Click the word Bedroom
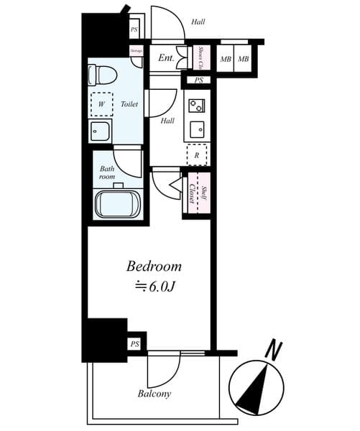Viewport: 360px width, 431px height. [154, 266]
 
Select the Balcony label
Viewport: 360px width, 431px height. [154, 394]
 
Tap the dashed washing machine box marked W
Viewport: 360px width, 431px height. [102, 103]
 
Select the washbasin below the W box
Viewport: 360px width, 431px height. [101, 131]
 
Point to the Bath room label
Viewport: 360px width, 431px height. [108, 172]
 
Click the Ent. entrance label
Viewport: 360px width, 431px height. [167, 58]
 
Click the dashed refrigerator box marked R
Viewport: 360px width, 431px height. [196, 154]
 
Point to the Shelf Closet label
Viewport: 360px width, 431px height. [198, 193]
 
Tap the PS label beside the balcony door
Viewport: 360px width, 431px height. [135, 344]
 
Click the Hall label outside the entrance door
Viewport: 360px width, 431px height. [198, 22]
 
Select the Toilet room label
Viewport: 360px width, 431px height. [129, 103]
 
